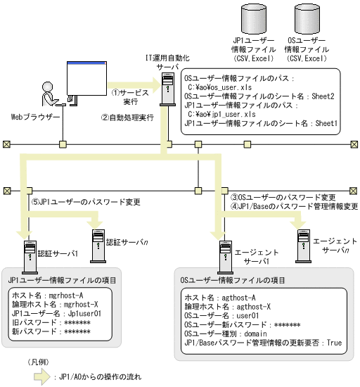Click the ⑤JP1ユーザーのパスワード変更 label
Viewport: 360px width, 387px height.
[84, 202]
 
